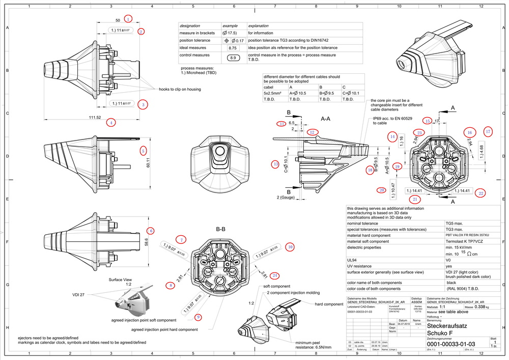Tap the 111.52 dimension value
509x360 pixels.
[x=95, y=118]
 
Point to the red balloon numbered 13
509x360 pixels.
[x=275, y=164]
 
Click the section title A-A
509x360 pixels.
[x=326, y=118]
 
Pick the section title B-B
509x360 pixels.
[x=220, y=230]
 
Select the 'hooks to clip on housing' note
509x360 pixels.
[x=180, y=89]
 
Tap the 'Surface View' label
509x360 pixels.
[x=120, y=280]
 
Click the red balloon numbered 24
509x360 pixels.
[x=275, y=275]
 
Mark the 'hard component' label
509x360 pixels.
[x=327, y=304]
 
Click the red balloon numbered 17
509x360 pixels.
[x=488, y=132]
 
